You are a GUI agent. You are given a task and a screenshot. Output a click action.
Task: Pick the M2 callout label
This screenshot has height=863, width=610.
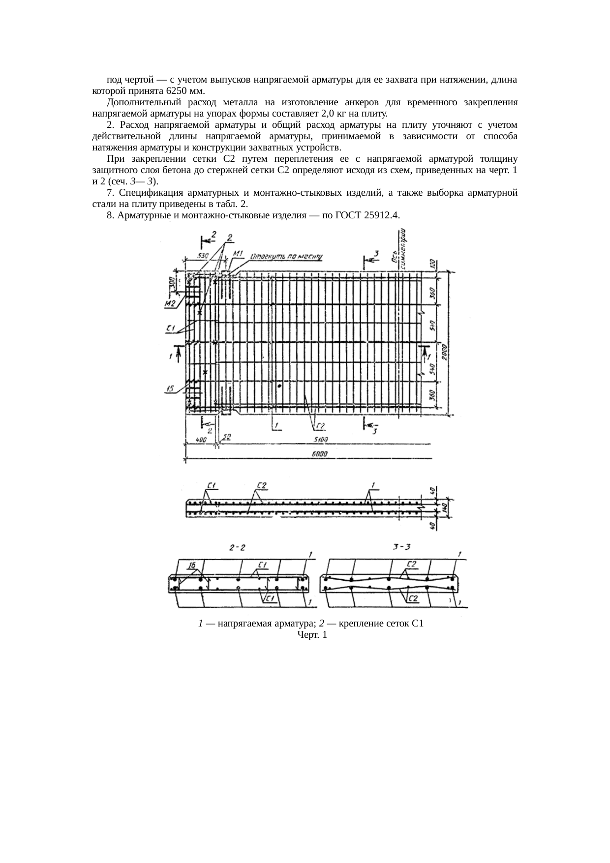[170, 303]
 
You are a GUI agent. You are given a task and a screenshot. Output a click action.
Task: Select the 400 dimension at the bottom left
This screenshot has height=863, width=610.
[201, 440]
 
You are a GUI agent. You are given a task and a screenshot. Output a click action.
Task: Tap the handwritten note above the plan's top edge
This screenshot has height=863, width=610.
[286, 256]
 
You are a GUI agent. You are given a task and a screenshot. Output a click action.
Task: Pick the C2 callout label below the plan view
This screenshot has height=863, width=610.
[320, 426]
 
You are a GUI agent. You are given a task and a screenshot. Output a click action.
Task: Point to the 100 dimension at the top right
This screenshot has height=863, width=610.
[431, 263]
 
